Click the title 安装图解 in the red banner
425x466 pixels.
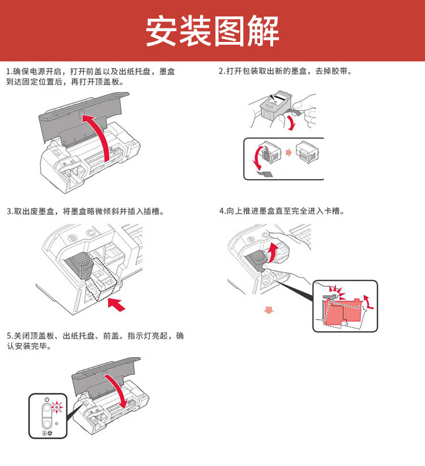[x=212, y=31]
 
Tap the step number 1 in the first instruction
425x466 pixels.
[x=8, y=72]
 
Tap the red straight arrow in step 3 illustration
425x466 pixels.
[x=117, y=304]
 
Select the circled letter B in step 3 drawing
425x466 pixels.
[x=71, y=238]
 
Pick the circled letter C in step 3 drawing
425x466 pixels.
[x=89, y=232]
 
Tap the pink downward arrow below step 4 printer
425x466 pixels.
[x=269, y=310]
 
